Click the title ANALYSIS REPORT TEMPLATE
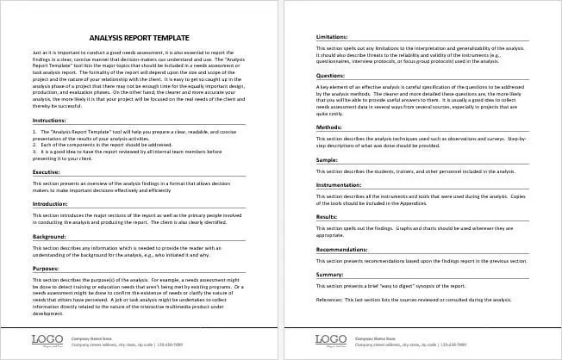[141, 38]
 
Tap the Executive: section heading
[46, 172]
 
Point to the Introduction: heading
[49, 203]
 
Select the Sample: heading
[328, 160]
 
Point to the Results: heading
[328, 217]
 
